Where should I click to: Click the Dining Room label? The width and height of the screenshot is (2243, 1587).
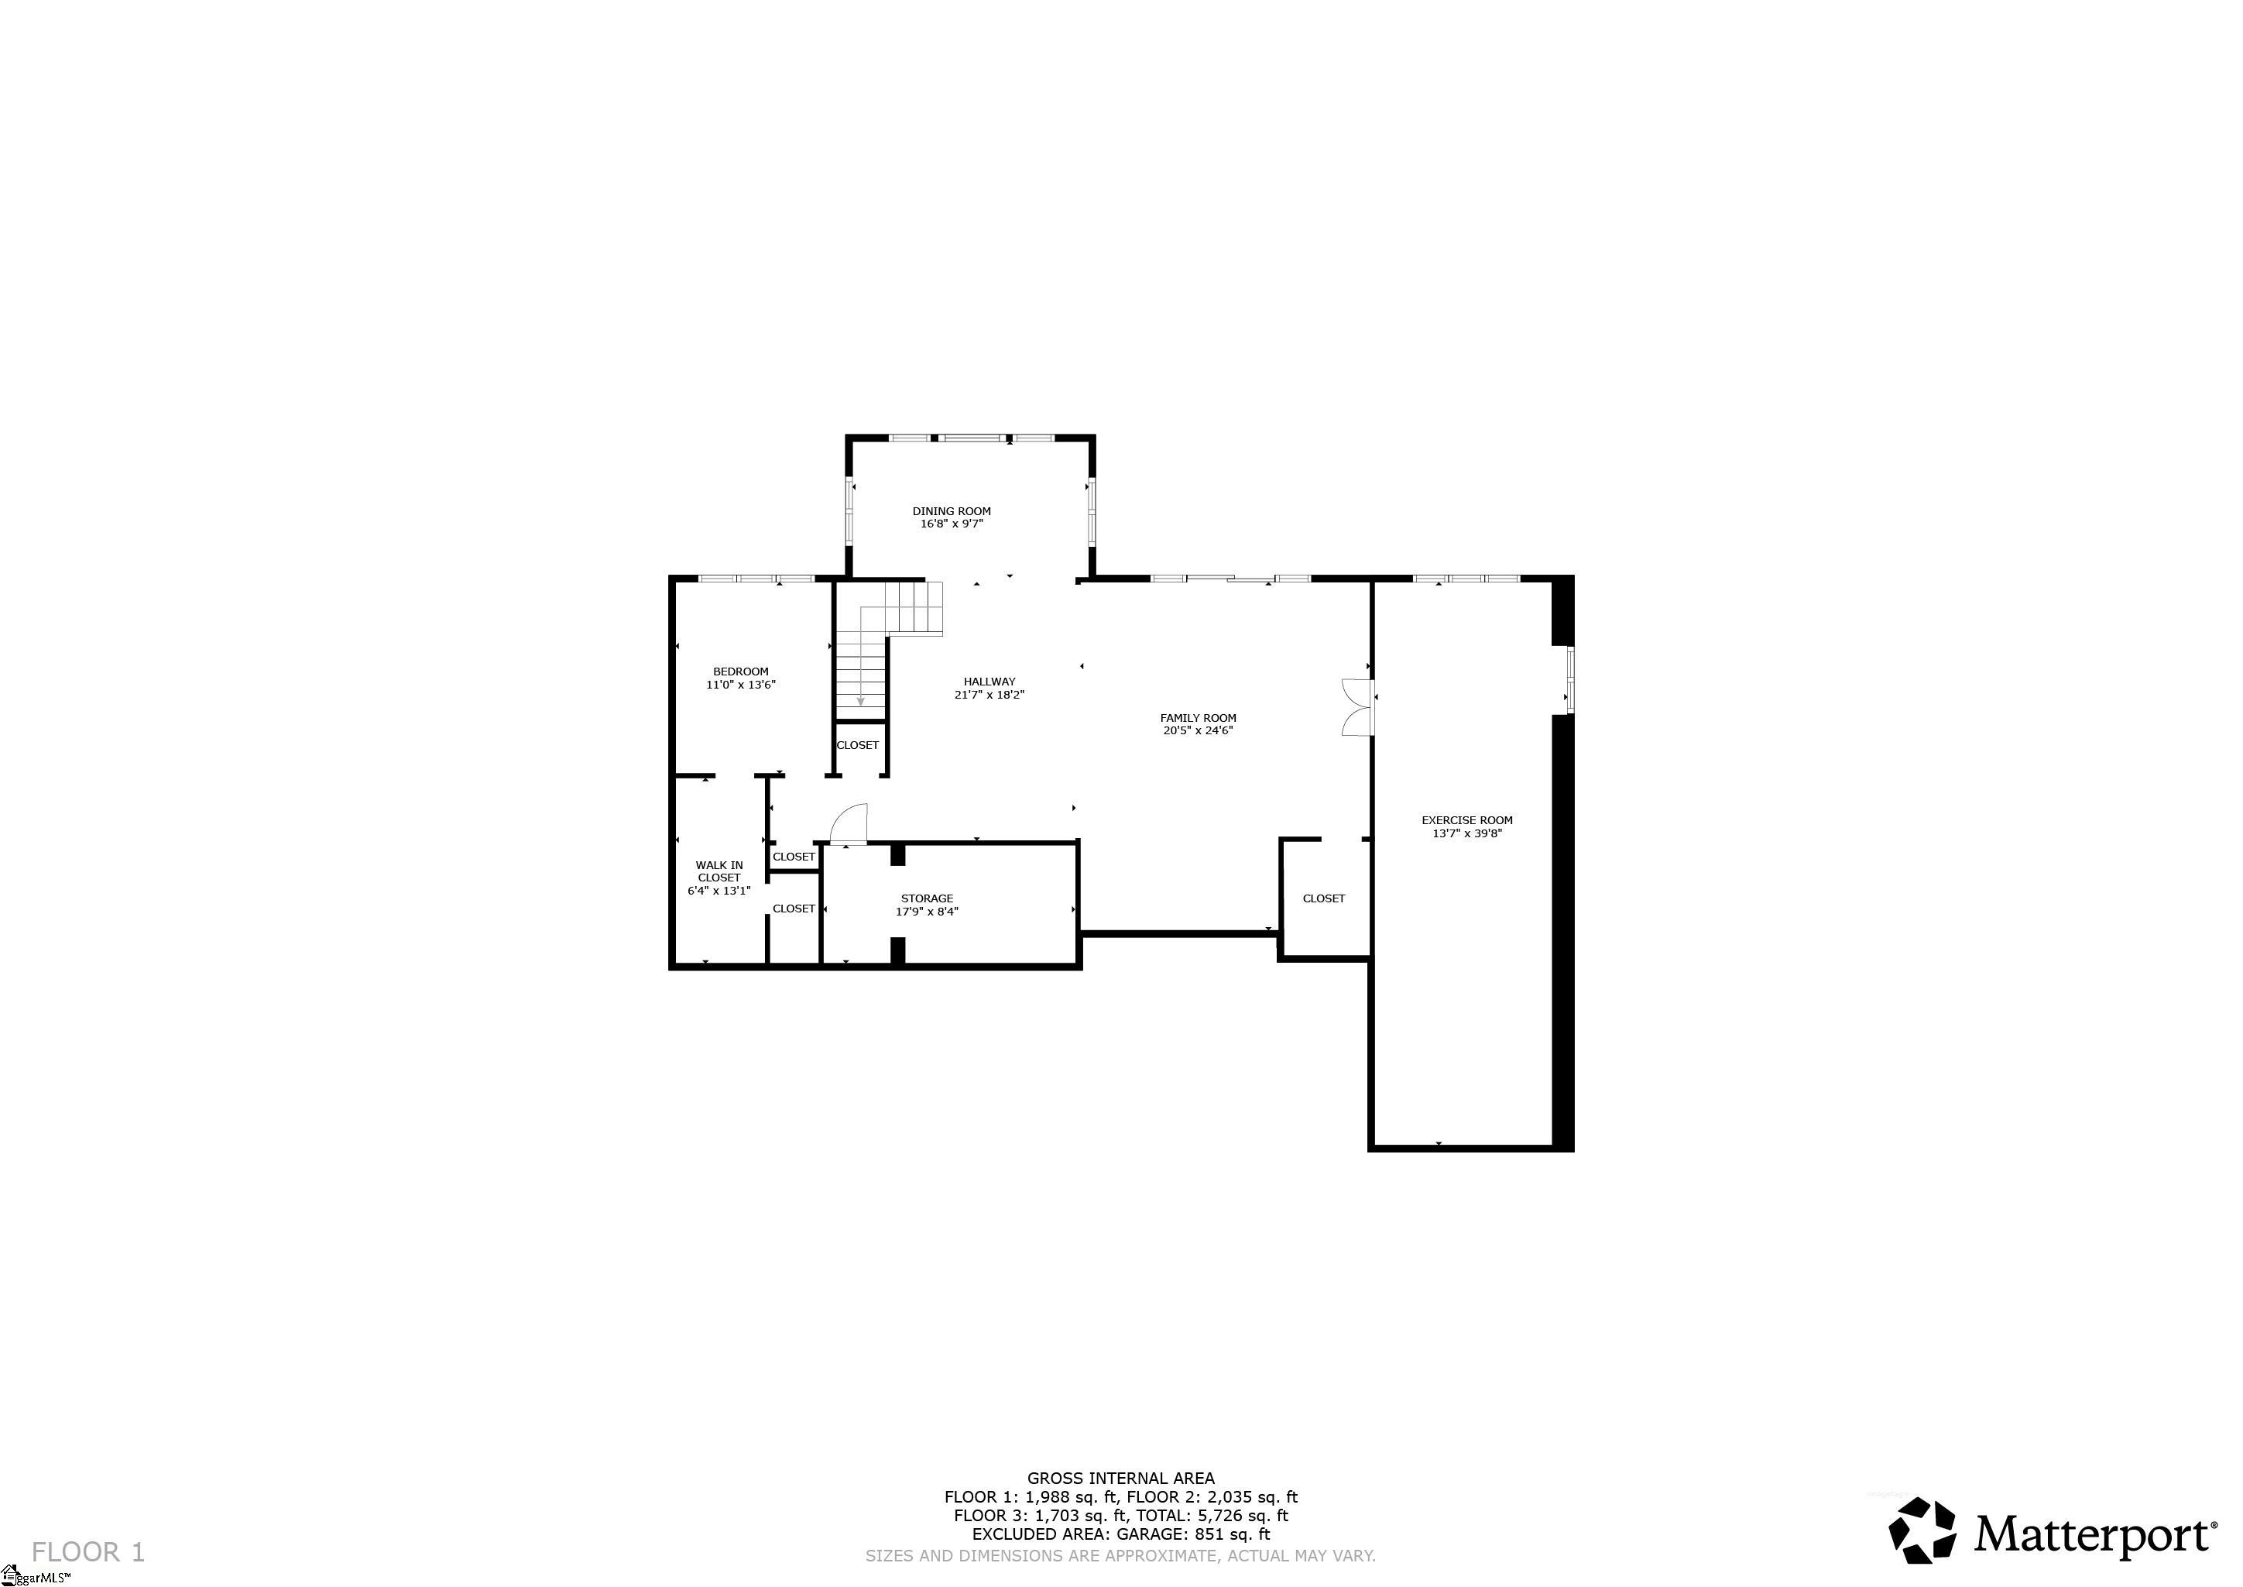(952, 511)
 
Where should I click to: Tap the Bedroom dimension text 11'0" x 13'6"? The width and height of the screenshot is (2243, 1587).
(740, 685)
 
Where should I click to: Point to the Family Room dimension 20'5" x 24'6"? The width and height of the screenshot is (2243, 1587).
(1198, 730)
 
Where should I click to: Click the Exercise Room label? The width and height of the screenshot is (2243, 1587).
(1466, 821)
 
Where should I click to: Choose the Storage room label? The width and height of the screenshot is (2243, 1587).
(927, 898)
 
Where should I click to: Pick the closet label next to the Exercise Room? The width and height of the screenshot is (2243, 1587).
(1324, 899)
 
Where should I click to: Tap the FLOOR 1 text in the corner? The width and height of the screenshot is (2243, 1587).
(88, 1552)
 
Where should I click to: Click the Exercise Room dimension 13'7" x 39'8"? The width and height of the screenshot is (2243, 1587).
(1466, 834)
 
